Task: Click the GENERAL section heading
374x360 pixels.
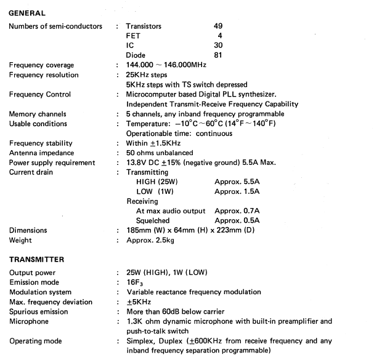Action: coord(27,12)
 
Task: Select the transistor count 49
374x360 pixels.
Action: coord(219,26)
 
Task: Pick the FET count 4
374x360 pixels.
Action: coord(220,36)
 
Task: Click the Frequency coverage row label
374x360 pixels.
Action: coord(41,65)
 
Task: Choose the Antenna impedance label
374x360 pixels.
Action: coord(42,153)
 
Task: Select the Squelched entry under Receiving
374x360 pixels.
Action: coord(153,220)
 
